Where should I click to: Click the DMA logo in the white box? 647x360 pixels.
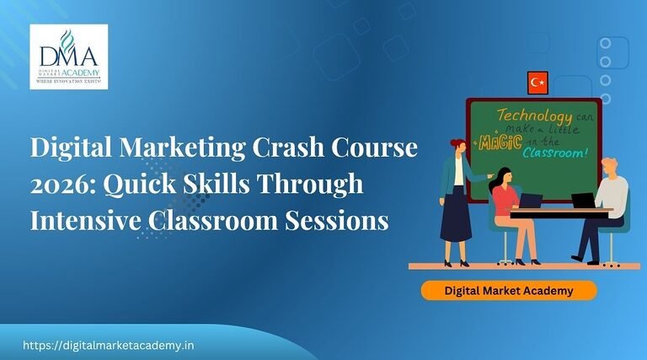[x=68, y=56]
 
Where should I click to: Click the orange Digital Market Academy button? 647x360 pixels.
[x=509, y=291]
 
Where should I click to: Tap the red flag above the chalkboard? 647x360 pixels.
[x=537, y=83]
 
